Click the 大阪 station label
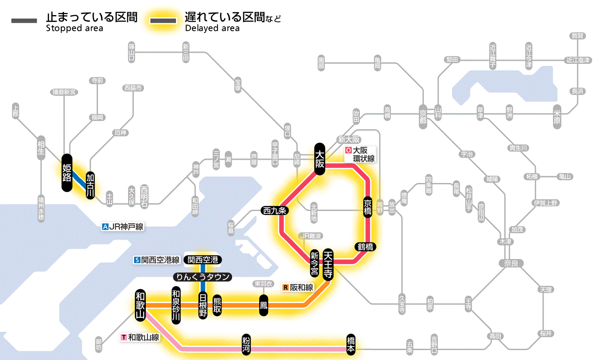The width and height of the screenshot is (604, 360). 319,159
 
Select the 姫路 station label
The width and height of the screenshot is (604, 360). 66,173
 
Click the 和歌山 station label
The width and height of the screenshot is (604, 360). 140,305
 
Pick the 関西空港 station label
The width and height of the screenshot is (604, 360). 202,260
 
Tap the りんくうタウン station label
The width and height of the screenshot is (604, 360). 202,277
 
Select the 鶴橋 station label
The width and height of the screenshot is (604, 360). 365,247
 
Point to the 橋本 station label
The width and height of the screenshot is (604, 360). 351,344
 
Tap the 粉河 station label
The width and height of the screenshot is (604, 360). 245,344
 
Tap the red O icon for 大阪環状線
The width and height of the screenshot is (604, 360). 348,151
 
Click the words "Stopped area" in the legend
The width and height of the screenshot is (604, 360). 75,28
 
